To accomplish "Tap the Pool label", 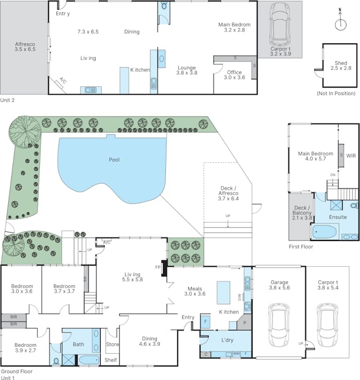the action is click(114, 160).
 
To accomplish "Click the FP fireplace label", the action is click(158, 267).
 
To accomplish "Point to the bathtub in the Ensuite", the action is click(324, 232).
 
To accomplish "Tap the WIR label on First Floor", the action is click(351, 155).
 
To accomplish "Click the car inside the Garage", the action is click(279, 325).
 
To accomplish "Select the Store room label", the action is click(112, 345).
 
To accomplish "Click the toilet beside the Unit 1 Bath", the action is click(56, 361).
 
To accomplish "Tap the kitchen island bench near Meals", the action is click(223, 293).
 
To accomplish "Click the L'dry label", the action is click(227, 340).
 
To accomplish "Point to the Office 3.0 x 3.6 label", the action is click(235, 75).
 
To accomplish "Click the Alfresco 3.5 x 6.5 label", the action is click(25, 47).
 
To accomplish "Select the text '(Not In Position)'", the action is click(336, 93).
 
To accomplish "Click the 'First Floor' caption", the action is click(301, 247).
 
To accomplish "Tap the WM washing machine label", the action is click(236, 354).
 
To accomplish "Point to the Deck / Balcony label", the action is click(302, 213).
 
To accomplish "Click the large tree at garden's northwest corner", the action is click(25, 132).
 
